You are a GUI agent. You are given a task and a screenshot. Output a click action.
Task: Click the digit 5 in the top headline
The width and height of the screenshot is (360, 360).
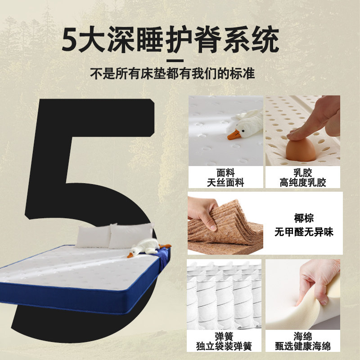72,40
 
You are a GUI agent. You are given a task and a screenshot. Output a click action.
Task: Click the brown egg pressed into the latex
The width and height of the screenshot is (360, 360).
300,150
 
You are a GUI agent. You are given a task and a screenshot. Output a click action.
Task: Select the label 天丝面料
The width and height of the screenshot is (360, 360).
225,183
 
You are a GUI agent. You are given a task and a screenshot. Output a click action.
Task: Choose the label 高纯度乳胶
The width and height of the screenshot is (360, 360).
302,183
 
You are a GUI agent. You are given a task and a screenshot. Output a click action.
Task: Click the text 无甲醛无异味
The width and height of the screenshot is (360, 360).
304,233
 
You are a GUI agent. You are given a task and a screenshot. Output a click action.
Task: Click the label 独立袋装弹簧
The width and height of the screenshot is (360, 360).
224,346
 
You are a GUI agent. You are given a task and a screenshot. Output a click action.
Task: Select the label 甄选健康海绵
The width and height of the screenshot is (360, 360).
303,346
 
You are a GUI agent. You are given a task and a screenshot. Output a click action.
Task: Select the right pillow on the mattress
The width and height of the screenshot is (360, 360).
130,235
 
